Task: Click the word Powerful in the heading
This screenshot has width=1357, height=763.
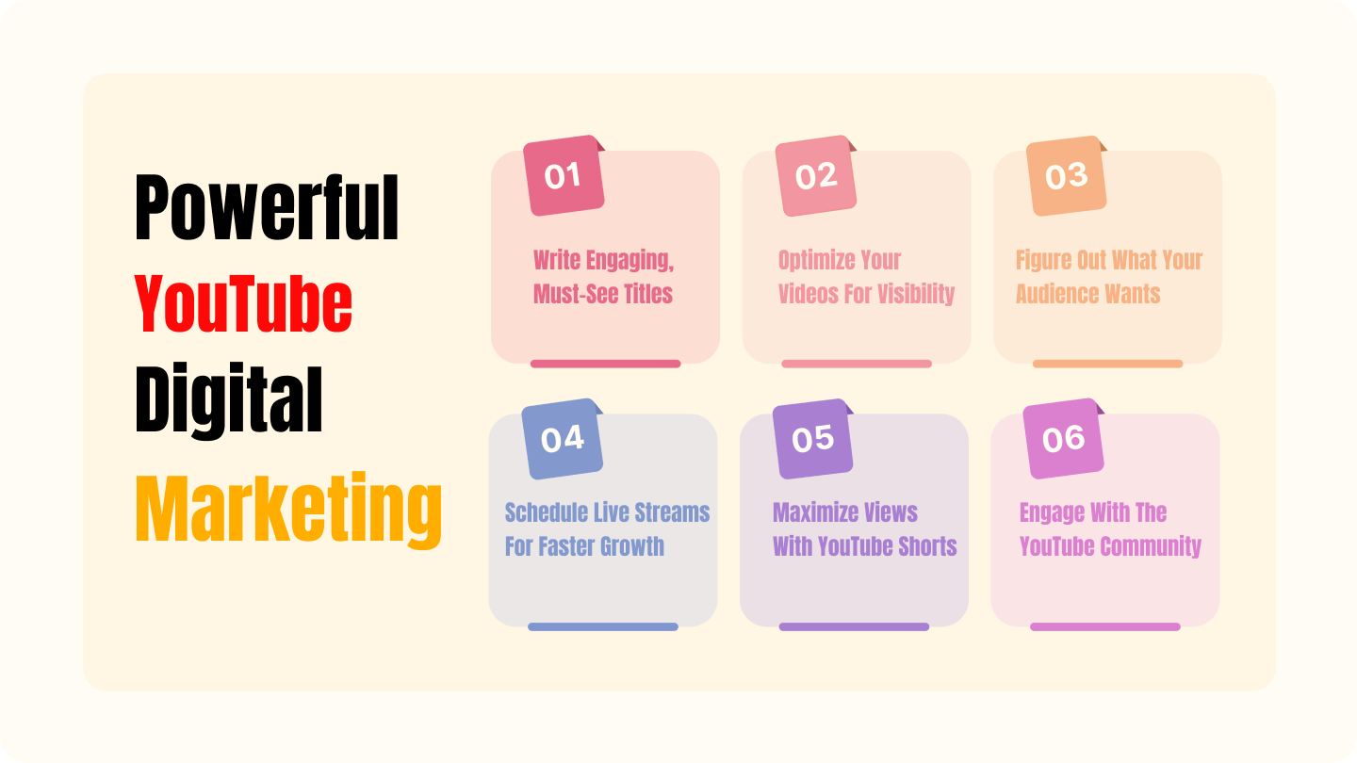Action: click(267, 207)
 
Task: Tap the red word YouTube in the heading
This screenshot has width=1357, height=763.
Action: click(243, 303)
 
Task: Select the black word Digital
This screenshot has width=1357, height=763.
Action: click(229, 400)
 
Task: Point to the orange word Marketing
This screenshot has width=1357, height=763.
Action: click(289, 510)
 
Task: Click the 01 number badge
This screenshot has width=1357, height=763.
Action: click(564, 175)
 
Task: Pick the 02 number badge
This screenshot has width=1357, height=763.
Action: click(816, 175)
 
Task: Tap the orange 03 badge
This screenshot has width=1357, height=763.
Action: click(1067, 175)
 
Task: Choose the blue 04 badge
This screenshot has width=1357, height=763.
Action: click(563, 438)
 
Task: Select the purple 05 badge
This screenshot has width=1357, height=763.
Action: click(813, 438)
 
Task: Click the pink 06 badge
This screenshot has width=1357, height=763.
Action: click(1064, 438)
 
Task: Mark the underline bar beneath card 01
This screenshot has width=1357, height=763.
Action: click(606, 364)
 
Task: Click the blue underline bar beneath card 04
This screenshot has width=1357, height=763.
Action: click(603, 626)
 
